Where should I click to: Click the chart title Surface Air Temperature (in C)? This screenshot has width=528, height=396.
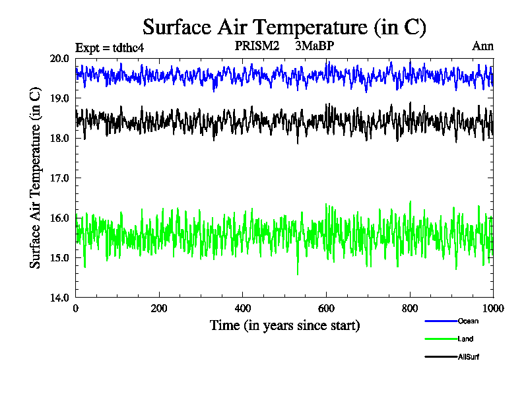click(x=284, y=28)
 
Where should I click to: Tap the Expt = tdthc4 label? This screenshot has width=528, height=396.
click(x=110, y=48)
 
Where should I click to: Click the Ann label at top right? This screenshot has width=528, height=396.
click(x=482, y=46)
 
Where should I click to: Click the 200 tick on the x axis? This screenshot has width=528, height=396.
click(x=159, y=308)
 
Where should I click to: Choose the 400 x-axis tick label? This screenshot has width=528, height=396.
click(x=243, y=308)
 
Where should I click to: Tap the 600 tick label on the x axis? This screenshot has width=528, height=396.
click(x=326, y=308)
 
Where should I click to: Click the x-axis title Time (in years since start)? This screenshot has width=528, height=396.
click(x=284, y=325)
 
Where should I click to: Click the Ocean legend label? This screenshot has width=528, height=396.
click(x=468, y=321)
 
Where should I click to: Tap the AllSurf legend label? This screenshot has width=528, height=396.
click(x=469, y=357)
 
